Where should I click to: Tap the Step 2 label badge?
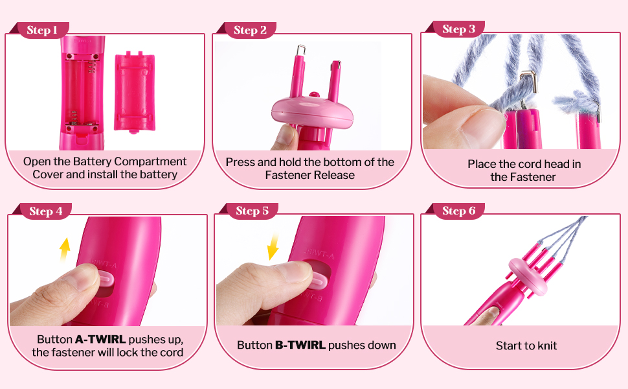249,30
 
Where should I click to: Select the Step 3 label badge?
458,29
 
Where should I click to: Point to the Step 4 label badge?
45,211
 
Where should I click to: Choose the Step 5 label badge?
252,211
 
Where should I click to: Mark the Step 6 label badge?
458,211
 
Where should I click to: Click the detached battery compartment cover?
135,92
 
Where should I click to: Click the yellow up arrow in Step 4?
65,250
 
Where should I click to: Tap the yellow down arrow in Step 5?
273,246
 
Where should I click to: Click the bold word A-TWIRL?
100,339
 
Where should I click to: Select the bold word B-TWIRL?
300,345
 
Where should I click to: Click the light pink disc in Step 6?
528,277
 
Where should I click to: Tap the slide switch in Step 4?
106,278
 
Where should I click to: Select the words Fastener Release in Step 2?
310,175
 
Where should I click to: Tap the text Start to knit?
526,346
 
